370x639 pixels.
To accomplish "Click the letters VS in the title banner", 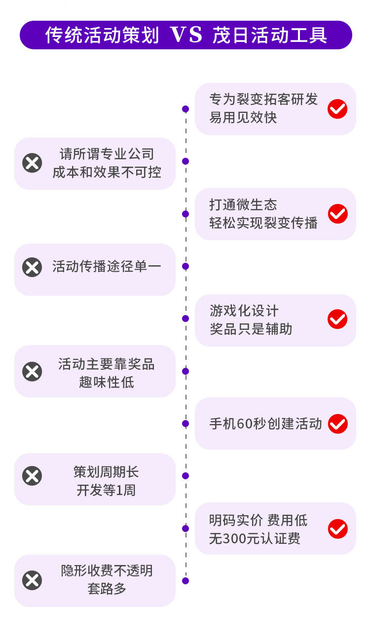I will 186,35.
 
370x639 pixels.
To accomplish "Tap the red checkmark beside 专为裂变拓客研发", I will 337,108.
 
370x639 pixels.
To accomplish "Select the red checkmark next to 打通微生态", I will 337,213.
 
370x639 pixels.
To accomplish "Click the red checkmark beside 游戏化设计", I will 337,319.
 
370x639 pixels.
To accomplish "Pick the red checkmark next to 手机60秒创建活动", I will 337,424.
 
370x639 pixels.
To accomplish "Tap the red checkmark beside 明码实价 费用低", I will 337,529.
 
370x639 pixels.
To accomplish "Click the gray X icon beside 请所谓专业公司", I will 32,163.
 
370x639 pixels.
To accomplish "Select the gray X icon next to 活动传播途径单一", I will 32,267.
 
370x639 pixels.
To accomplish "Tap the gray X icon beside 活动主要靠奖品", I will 32,371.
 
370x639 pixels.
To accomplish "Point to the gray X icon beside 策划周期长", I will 32,476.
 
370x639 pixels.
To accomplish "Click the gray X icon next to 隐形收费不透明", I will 32,580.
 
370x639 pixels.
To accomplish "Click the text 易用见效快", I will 243,118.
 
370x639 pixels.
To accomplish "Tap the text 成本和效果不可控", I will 107,172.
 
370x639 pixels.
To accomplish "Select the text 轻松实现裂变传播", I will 263,223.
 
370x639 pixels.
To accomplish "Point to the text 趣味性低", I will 107,382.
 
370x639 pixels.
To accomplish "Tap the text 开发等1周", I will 106,491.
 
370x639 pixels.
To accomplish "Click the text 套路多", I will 107,589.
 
